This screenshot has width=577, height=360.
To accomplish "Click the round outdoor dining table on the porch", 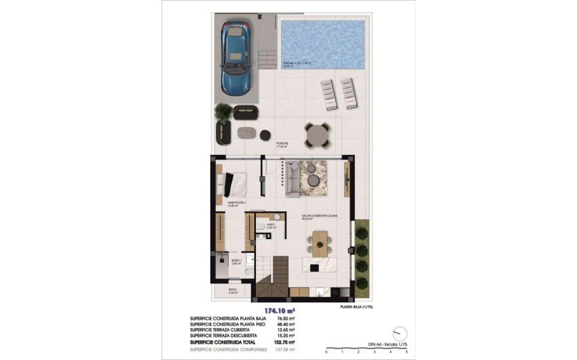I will point(316,137).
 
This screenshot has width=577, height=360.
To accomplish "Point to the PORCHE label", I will point(282,144).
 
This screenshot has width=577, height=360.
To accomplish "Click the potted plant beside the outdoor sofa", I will point(222,111).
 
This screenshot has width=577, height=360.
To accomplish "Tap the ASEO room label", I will point(270,225).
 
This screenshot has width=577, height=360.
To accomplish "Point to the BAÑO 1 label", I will point(236,259).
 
